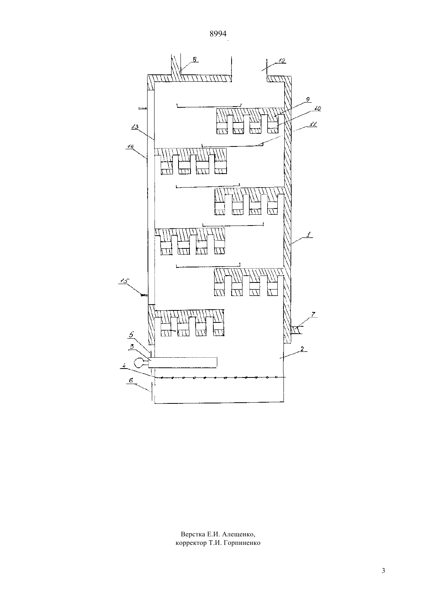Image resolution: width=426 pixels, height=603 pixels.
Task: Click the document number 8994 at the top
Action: click(x=218, y=34)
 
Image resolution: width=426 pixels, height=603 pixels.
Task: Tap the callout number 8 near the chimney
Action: click(x=194, y=59)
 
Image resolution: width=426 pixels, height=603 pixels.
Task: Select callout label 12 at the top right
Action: click(x=281, y=61)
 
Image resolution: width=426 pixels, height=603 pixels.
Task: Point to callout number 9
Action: click(x=308, y=100)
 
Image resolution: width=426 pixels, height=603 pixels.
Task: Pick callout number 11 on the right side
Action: click(x=313, y=124)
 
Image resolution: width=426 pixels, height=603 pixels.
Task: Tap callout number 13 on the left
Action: click(x=135, y=127)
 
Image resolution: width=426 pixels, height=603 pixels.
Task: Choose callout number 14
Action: click(x=131, y=146)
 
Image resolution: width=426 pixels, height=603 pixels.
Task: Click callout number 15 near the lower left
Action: click(x=124, y=281)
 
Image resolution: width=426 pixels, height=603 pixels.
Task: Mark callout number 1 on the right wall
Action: click(x=309, y=234)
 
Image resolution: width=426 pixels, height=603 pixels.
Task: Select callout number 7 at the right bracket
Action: click(x=313, y=314)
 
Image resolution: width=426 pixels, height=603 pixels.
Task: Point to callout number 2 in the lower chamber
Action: click(x=302, y=349)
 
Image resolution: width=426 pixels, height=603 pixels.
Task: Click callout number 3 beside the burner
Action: click(x=132, y=346)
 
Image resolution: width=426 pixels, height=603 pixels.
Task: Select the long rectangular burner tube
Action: click(x=183, y=362)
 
